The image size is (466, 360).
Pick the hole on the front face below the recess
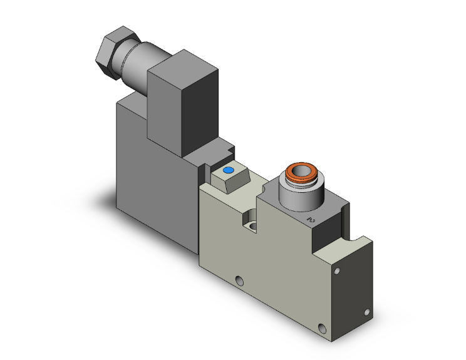pyautogui.click(x=239, y=280)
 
